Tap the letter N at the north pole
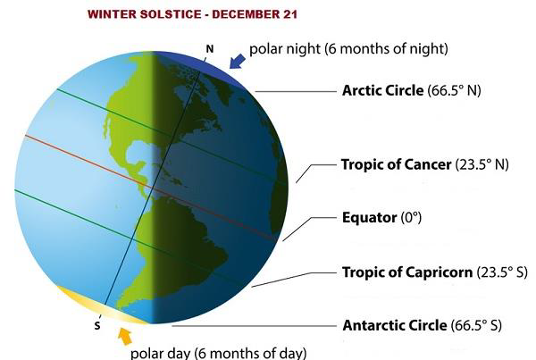tap(210, 48)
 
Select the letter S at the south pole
tap(97, 326)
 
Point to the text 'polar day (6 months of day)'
tap(218, 352)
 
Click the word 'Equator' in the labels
tap(367, 217)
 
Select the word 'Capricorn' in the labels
tap(422, 272)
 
